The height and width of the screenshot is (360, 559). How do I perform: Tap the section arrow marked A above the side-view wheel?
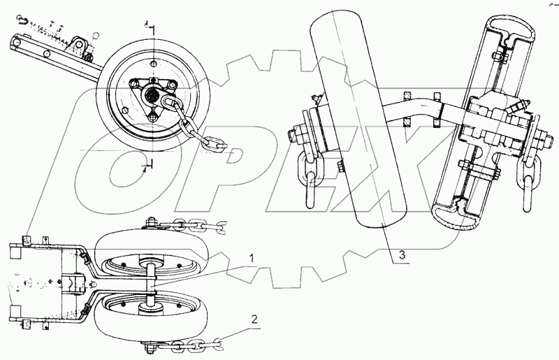(148, 26)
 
